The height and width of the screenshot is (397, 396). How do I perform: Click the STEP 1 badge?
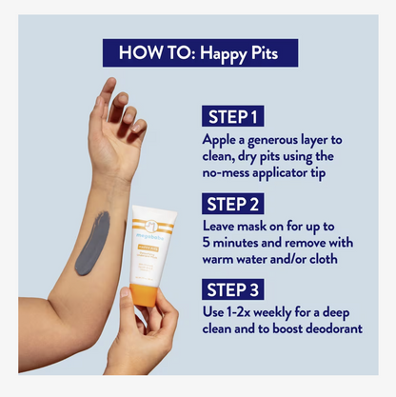point(232,117)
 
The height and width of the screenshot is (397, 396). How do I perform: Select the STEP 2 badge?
point(234,204)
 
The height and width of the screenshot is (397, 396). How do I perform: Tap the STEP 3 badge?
point(234,288)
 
